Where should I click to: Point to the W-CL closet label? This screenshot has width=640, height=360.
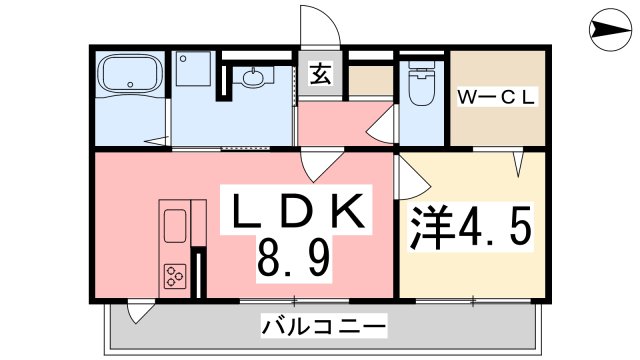497,97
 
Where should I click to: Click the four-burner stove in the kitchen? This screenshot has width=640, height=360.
175,275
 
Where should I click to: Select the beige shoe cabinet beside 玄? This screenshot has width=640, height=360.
371,77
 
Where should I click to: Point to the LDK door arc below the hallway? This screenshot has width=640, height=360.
318,165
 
